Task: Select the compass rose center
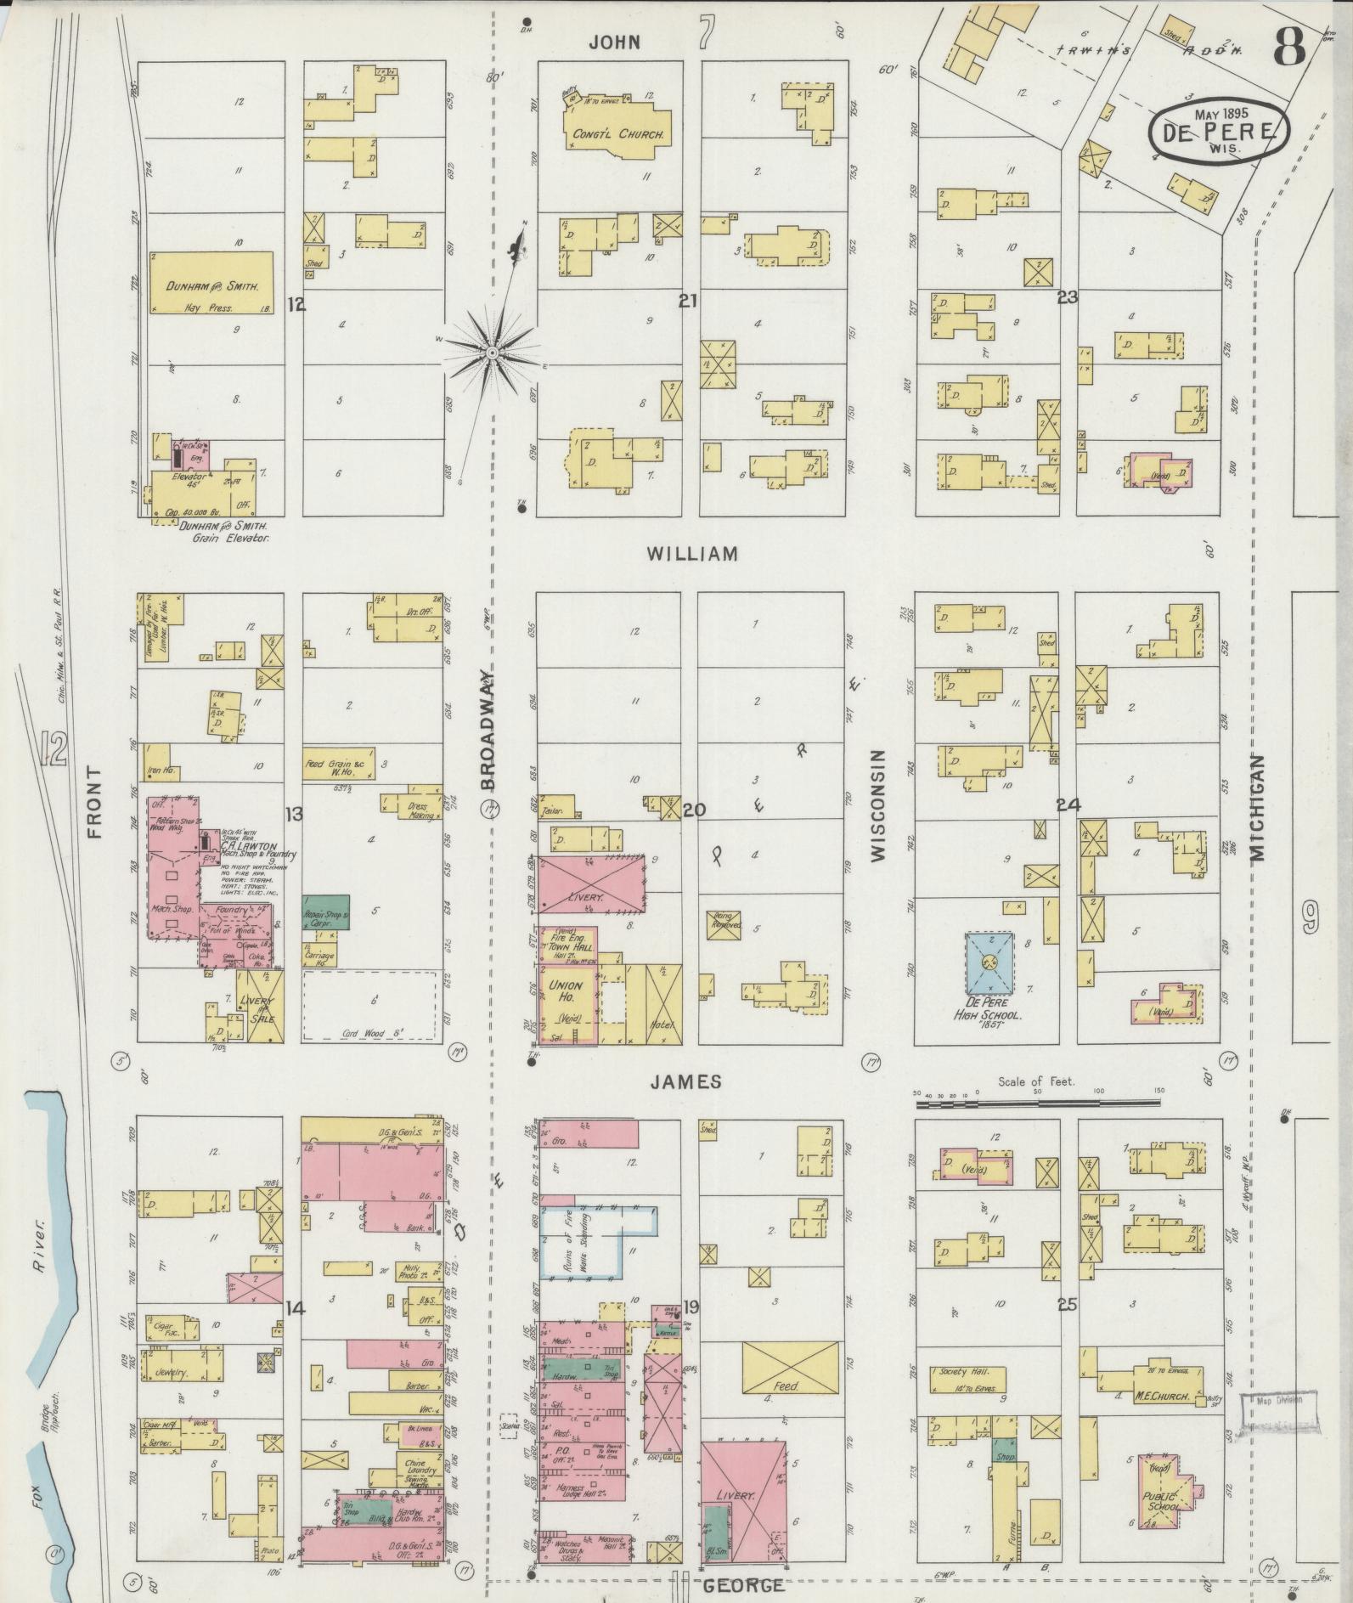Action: coord(492,350)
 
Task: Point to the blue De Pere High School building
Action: coord(989,962)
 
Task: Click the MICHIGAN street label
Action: coord(1258,807)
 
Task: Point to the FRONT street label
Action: coord(93,802)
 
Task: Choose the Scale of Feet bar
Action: coord(1038,1103)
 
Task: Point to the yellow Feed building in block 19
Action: coord(791,1368)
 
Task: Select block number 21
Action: coord(688,299)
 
